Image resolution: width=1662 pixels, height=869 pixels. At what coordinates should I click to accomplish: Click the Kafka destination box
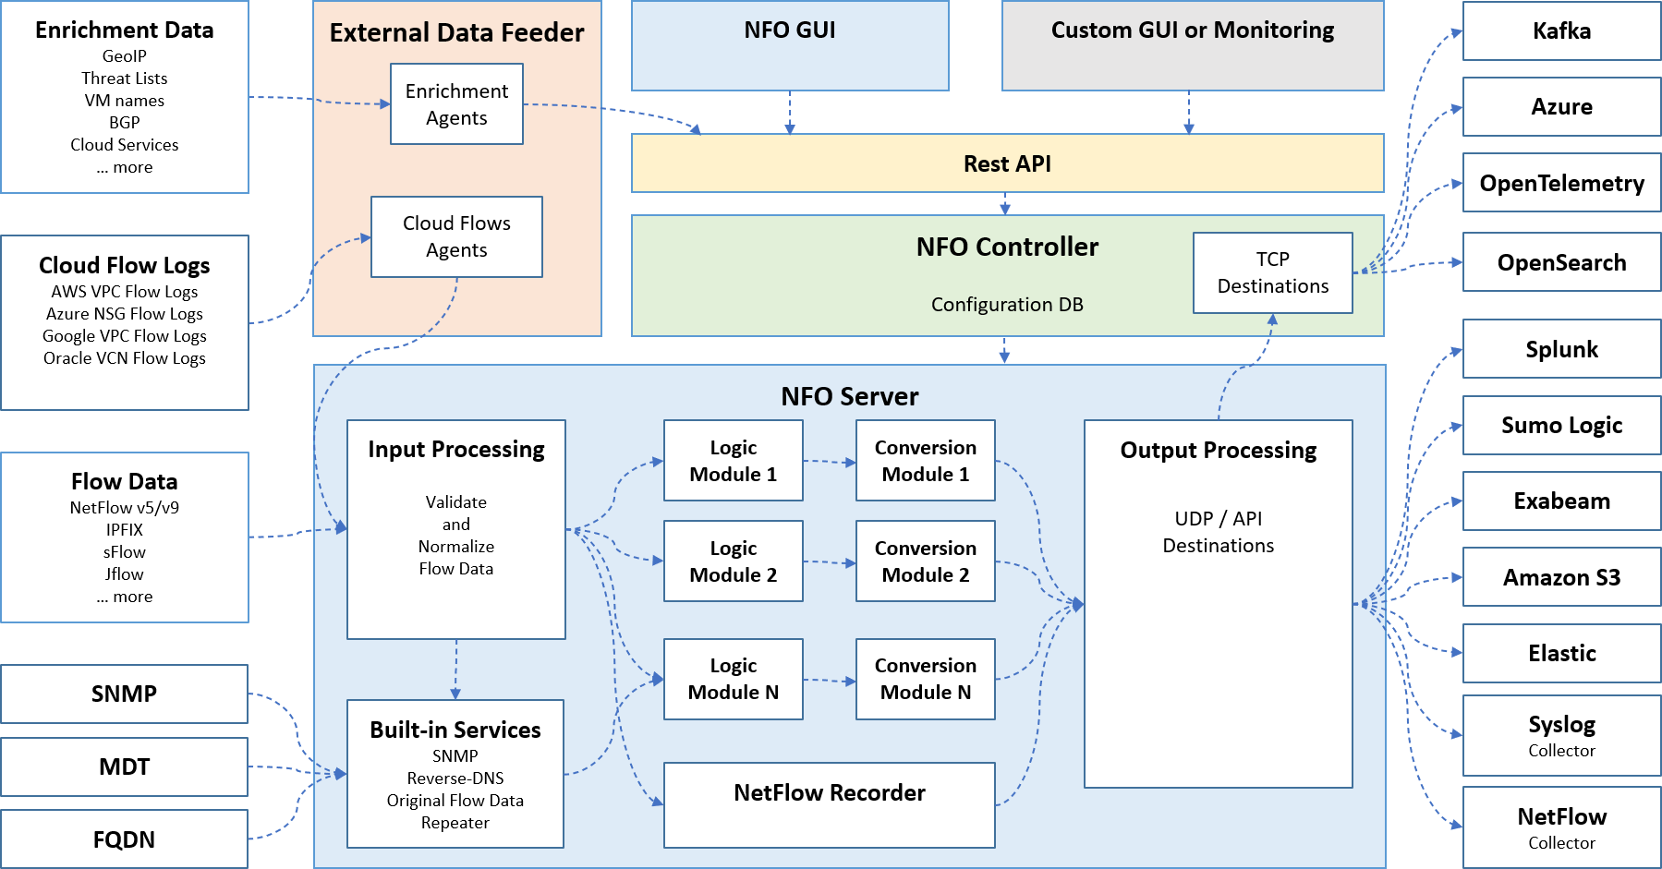point(1561,31)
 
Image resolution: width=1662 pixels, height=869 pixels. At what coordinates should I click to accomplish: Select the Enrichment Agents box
point(456,104)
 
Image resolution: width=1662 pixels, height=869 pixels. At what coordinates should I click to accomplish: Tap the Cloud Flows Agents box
point(456,236)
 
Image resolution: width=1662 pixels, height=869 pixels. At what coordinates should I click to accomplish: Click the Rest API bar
point(1007,163)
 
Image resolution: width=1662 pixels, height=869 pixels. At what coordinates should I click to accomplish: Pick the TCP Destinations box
point(1272,272)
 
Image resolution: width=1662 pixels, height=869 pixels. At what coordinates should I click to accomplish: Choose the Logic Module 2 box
point(733,561)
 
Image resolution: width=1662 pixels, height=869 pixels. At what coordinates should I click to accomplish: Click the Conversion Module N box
point(925,679)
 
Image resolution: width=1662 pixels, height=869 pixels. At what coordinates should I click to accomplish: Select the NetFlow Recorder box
point(829,804)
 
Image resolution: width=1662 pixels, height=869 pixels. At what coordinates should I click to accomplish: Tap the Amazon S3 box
point(1561,577)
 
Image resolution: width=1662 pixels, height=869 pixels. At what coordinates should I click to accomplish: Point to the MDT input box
point(124,766)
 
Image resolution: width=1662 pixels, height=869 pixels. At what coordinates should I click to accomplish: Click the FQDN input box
point(124,839)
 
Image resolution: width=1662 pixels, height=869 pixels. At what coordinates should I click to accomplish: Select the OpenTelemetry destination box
point(1561,183)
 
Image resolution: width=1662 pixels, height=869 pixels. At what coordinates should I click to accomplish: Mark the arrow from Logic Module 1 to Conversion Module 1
point(829,461)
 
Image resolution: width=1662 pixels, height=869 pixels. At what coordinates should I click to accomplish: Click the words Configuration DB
point(1007,305)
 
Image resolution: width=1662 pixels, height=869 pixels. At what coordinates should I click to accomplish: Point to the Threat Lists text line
point(124,78)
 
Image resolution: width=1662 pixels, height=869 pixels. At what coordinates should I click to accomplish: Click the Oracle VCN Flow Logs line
point(124,358)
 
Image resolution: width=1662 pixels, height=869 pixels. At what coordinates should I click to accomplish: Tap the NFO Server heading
point(849,396)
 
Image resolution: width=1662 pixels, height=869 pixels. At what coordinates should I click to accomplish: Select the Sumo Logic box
point(1561,426)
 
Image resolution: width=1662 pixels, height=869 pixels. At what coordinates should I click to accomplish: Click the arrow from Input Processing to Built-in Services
point(455,669)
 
